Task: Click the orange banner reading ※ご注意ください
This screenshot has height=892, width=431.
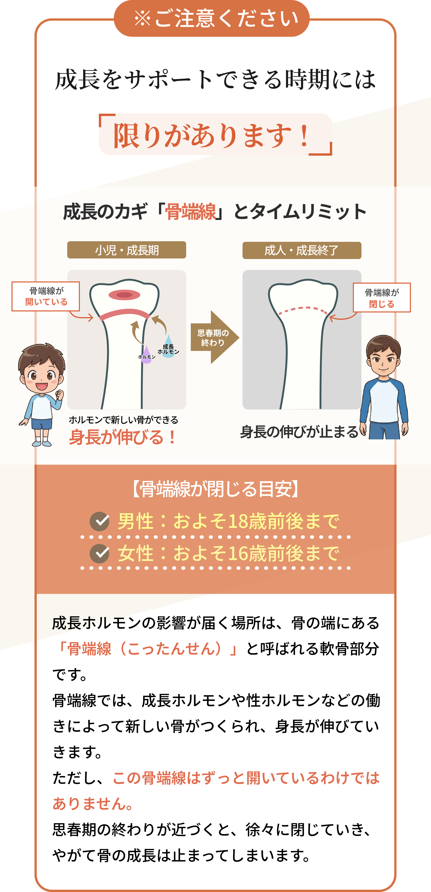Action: coord(212,18)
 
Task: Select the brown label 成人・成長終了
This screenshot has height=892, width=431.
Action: coord(302,250)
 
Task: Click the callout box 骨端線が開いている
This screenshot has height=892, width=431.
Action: coord(46,296)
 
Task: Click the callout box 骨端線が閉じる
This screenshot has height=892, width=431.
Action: coord(381,298)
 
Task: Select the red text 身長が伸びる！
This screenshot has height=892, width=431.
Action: coord(123,437)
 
